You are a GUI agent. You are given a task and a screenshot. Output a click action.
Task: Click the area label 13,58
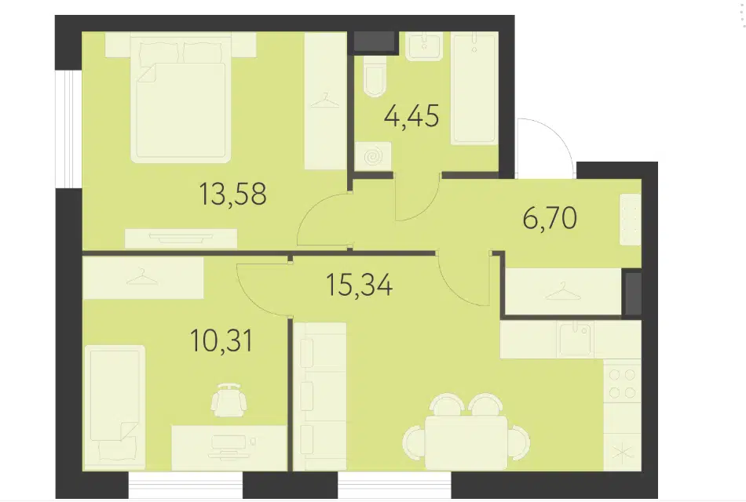(x=232, y=194)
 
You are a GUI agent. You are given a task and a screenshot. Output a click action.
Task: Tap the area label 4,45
(x=411, y=116)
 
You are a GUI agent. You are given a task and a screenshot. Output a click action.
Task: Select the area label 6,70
(x=550, y=218)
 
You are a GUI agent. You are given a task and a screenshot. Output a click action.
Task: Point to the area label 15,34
(x=360, y=286)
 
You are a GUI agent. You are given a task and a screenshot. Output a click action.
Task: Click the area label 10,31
(x=221, y=340)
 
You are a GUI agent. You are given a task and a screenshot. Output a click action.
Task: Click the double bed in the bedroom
(x=181, y=100)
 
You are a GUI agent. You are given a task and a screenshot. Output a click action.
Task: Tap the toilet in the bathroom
(x=375, y=78)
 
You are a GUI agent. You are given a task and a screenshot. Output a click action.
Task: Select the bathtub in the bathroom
(x=474, y=89)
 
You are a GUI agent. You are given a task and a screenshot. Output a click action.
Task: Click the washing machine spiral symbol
(x=373, y=156)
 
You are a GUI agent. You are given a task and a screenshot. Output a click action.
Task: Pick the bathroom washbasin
(x=423, y=45)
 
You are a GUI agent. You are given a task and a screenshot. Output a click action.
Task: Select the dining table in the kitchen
(x=466, y=442)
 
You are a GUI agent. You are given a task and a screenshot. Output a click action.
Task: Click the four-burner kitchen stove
(x=622, y=384)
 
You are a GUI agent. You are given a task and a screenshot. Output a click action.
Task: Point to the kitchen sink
(x=576, y=339)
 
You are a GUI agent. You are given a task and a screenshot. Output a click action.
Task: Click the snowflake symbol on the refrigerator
(x=621, y=453)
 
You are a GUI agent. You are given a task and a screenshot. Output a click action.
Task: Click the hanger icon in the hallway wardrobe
(x=563, y=291)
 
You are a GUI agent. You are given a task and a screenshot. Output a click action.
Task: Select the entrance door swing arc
(x=547, y=143)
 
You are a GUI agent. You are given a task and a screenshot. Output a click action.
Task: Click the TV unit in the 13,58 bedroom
(x=181, y=238)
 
